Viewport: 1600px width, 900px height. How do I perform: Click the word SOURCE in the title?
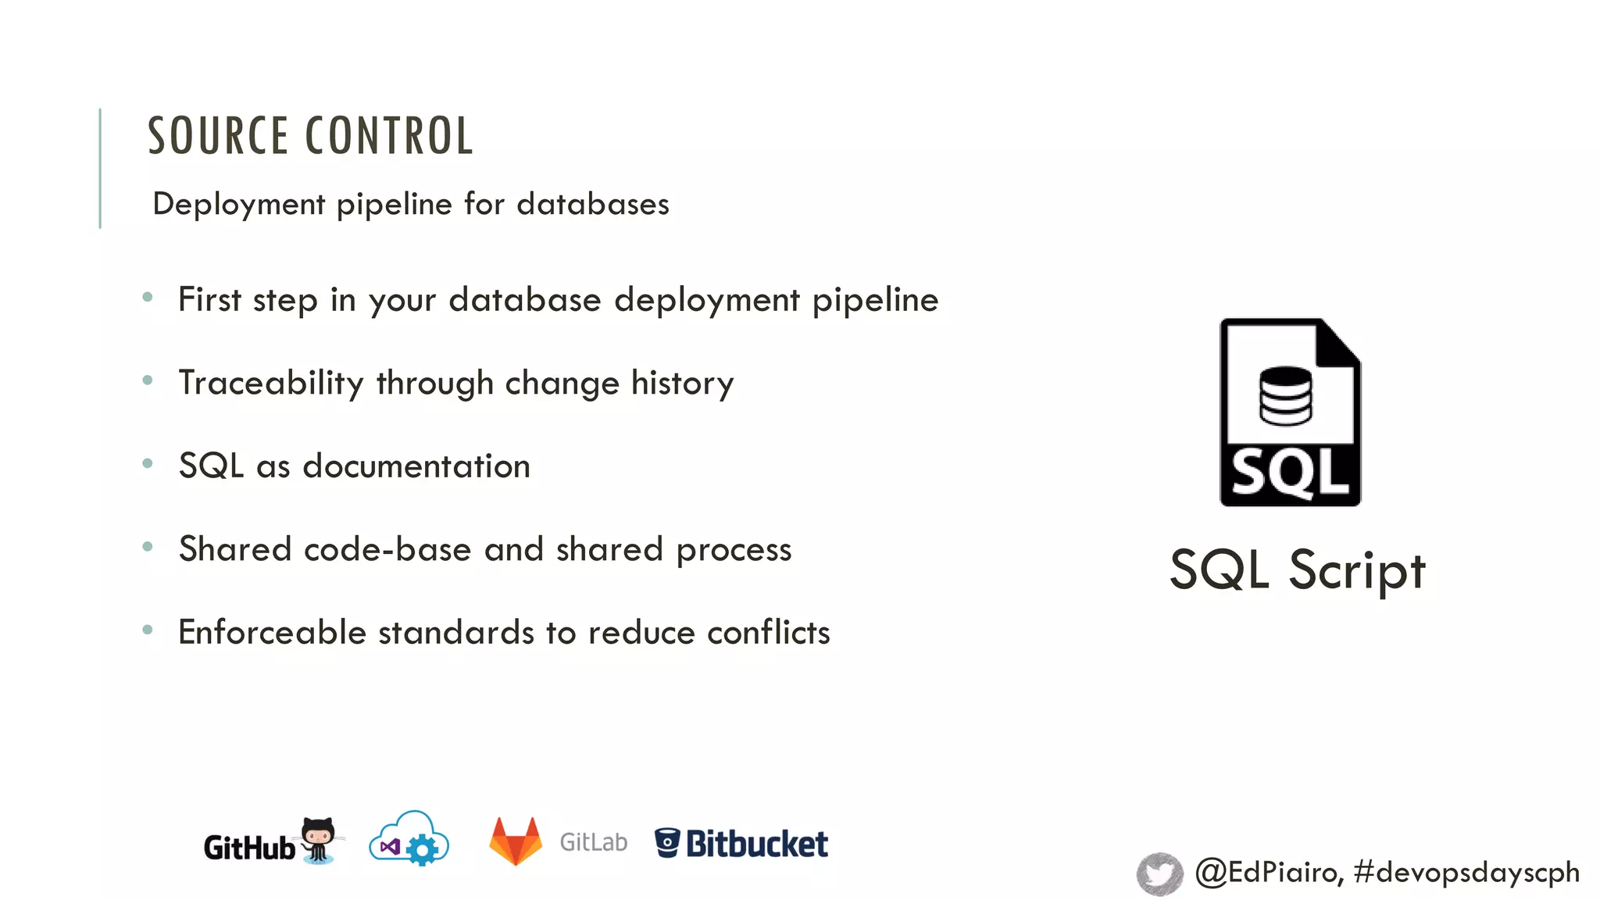[x=218, y=136]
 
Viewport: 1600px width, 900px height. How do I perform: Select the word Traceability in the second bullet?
[x=270, y=384]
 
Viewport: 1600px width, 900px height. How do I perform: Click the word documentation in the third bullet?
[x=416, y=466]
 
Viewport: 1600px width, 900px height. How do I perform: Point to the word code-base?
[x=387, y=549]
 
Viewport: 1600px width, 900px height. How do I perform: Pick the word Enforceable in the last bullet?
[x=272, y=632]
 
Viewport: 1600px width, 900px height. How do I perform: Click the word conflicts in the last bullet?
[x=768, y=632]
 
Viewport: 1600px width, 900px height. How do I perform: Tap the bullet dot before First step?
[x=148, y=297]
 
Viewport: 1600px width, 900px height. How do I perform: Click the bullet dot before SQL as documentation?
[x=148, y=463]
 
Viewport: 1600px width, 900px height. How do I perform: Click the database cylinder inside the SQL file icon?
[x=1285, y=396]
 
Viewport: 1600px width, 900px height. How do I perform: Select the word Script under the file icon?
[x=1357, y=570]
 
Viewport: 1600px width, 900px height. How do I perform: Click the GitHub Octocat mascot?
[x=319, y=839]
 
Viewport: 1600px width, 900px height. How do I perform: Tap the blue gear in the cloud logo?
[x=423, y=849]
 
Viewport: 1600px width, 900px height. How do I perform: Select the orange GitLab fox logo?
[x=516, y=841]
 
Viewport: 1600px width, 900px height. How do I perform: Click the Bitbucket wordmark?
[x=756, y=844]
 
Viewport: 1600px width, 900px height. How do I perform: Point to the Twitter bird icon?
[x=1159, y=873]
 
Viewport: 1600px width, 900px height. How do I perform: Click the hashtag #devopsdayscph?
[x=1466, y=872]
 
